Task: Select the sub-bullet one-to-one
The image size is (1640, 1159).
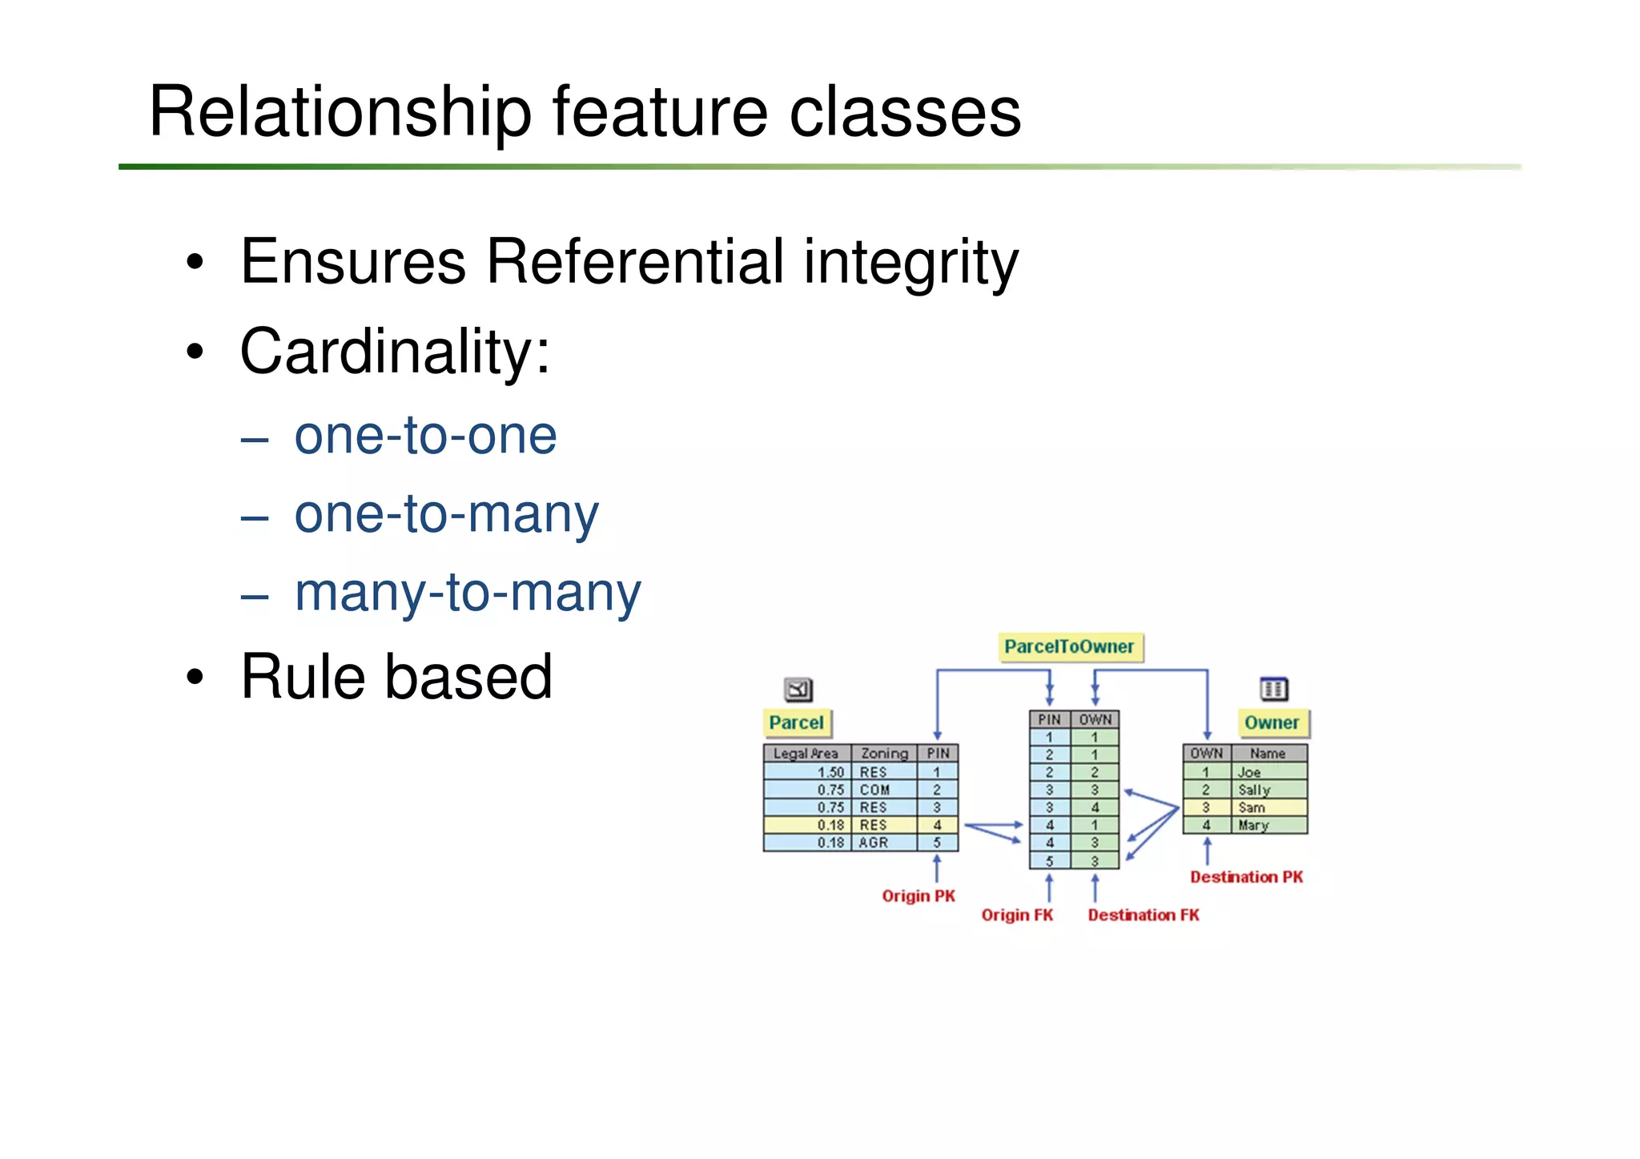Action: coord(425,436)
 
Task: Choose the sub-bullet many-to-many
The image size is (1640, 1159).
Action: coord(468,593)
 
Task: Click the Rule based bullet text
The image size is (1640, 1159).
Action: coord(396,677)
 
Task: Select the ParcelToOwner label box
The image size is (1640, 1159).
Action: coord(1069,646)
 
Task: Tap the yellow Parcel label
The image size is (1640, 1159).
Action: coord(796,722)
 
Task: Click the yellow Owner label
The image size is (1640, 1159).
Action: coord(1272,722)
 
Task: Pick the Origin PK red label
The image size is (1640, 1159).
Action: coord(918,895)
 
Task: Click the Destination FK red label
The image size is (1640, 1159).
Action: coord(1144,915)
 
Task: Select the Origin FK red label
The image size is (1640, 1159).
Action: coord(1017,915)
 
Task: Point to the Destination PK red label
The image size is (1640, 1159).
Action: coord(1246,877)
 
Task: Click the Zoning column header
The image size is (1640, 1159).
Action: coord(884,753)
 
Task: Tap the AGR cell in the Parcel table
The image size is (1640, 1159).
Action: coord(874,843)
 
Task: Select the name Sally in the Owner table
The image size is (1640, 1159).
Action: coord(1254,790)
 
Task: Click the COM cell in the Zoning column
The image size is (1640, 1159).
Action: coord(874,790)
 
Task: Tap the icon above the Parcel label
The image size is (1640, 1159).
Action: coord(798,689)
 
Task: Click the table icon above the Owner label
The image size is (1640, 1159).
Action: coord(1273,688)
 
